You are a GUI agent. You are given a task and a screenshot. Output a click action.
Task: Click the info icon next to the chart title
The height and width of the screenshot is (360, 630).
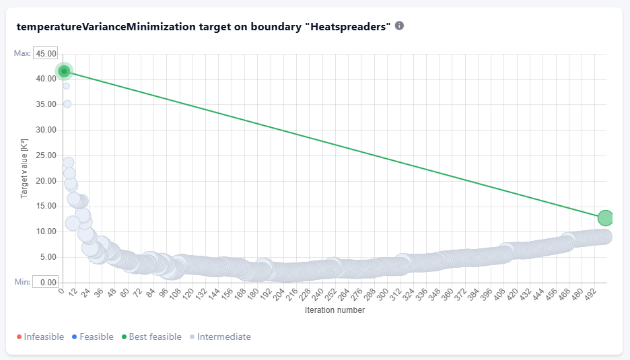click(399, 26)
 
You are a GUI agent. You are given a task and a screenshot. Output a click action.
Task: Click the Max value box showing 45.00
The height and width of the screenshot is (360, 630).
click(45, 53)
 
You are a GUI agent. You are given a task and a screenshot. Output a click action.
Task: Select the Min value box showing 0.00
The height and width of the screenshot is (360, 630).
click(45, 282)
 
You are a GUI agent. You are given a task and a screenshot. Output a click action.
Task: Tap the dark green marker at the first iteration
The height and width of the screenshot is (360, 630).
click(64, 71)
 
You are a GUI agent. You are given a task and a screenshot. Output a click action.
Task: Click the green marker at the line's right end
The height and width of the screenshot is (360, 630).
click(604, 218)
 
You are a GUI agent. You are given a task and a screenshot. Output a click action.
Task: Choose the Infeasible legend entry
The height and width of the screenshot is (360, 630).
click(40, 336)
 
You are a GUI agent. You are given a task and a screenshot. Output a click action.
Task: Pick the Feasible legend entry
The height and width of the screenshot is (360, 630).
click(92, 336)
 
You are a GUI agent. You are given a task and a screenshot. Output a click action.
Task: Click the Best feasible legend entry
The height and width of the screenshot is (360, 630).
click(151, 336)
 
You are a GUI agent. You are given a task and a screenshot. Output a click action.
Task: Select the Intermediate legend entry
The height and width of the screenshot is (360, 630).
click(220, 336)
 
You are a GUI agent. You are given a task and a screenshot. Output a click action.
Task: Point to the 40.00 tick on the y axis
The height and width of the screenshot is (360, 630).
click(46, 79)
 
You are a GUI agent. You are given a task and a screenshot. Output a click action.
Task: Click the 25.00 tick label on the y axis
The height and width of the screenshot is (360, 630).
click(46, 155)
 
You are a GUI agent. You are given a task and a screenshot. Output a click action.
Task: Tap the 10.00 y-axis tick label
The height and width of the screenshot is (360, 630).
click(46, 232)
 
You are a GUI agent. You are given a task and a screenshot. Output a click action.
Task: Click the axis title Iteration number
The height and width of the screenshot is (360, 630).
click(335, 310)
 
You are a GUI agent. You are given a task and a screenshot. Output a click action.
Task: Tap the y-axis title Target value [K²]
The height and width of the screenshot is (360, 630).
click(24, 168)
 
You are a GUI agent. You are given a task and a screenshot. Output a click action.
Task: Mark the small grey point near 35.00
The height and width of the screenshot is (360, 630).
click(67, 104)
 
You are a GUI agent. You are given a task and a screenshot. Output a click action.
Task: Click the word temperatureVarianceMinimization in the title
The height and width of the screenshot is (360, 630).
click(106, 27)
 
